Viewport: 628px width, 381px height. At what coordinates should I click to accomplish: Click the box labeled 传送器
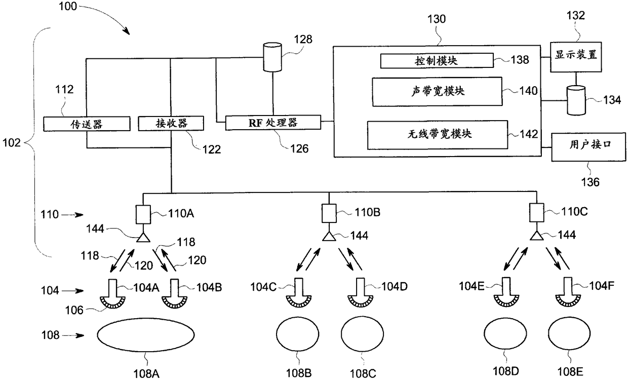pyautogui.click(x=87, y=124)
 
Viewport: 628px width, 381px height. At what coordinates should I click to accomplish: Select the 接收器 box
pyautogui.click(x=171, y=123)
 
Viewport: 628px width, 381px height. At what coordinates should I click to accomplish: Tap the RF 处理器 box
pyautogui.click(x=273, y=122)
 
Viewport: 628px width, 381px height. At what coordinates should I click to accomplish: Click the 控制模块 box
pyautogui.click(x=437, y=60)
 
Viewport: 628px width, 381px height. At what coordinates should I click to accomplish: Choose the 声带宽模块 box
pyautogui.click(x=437, y=92)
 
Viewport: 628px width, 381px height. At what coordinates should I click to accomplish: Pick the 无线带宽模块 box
pyautogui.click(x=438, y=135)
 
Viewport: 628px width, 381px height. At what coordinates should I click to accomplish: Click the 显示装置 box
pyautogui.click(x=576, y=57)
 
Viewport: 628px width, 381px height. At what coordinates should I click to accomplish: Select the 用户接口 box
pyautogui.click(x=588, y=147)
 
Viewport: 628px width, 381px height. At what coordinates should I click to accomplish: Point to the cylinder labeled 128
pyautogui.click(x=272, y=57)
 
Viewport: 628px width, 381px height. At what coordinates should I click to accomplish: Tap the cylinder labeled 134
pyautogui.click(x=576, y=100)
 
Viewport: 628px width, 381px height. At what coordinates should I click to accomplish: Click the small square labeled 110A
pyautogui.click(x=143, y=214)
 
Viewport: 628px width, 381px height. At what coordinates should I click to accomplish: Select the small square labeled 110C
pyautogui.click(x=537, y=213)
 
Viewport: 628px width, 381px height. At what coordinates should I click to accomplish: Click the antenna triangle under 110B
pyautogui.click(x=329, y=236)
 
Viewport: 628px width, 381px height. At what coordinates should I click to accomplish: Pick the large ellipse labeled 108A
pyautogui.click(x=146, y=335)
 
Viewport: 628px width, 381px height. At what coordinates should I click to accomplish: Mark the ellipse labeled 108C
pyautogui.click(x=362, y=334)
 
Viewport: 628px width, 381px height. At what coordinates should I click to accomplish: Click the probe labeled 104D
pyautogui.click(x=361, y=293)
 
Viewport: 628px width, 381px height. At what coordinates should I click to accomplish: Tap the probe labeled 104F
pyautogui.click(x=568, y=292)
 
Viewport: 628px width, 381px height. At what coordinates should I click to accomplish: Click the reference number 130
pyautogui.click(x=437, y=19)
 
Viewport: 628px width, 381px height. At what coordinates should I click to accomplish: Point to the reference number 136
pyautogui.click(x=590, y=182)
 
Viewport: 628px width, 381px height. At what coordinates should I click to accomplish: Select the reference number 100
pyautogui.click(x=67, y=6)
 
